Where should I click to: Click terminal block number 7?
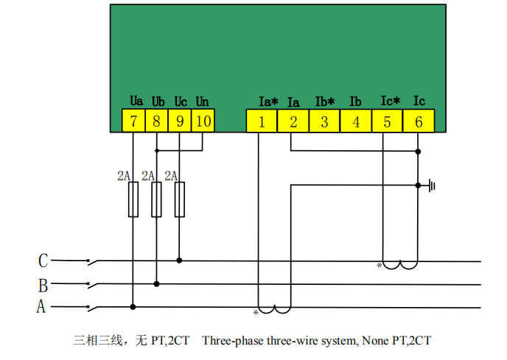click(133, 121)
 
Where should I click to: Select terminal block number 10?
click(203, 121)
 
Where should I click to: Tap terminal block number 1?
click(262, 121)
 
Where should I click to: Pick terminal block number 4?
click(356, 121)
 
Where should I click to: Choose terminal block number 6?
click(419, 121)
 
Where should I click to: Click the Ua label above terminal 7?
click(136, 101)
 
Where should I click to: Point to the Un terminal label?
click(203, 102)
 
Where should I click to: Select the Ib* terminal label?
click(325, 102)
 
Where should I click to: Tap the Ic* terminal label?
click(391, 101)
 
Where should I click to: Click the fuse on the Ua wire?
click(133, 200)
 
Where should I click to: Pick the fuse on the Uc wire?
click(180, 200)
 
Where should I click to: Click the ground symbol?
click(432, 186)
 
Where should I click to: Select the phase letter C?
click(43, 261)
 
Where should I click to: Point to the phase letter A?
click(41, 306)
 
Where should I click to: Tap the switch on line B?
click(92, 285)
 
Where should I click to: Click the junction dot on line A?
click(133, 307)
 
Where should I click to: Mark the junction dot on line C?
click(179, 261)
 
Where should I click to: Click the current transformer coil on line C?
click(400, 265)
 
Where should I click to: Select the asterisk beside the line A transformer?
click(256, 312)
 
